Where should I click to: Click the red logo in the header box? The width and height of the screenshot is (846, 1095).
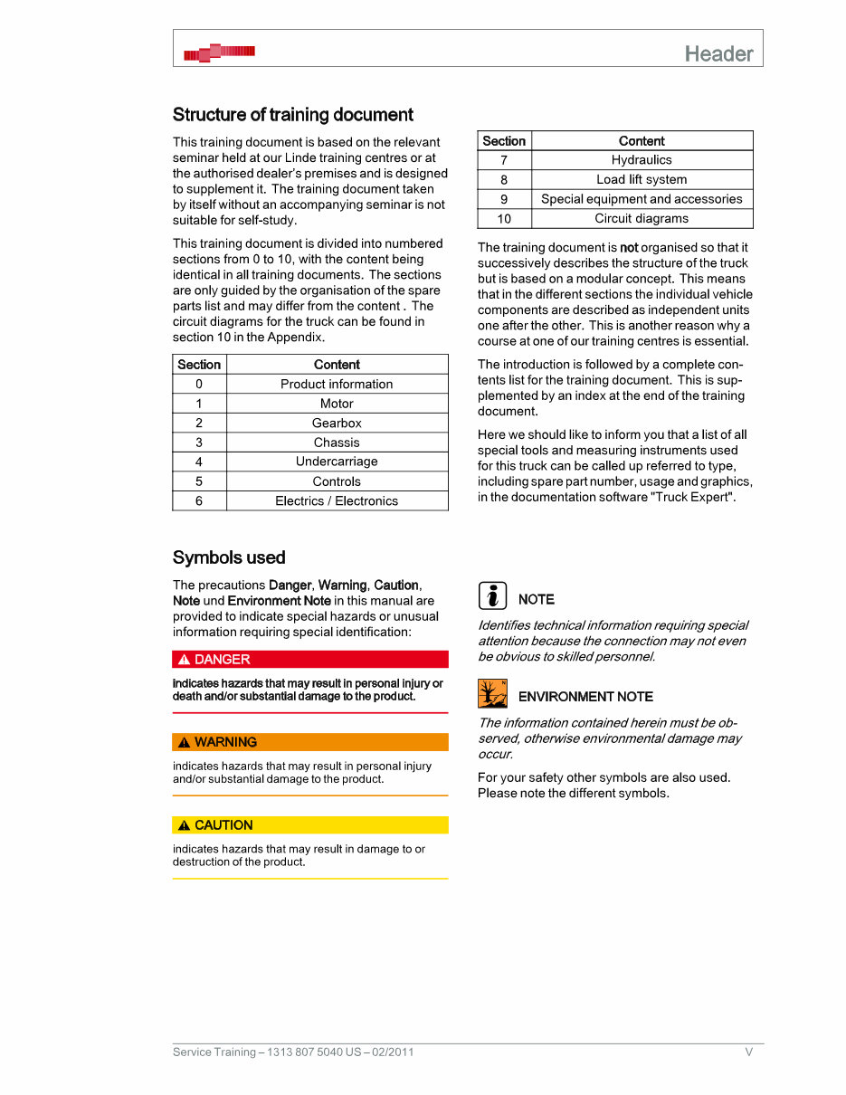pyautogui.click(x=219, y=52)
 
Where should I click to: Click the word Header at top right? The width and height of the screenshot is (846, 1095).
pyautogui.click(x=718, y=53)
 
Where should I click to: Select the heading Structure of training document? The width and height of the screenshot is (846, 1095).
pyautogui.click(x=292, y=115)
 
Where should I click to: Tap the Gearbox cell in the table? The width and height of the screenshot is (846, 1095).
pyautogui.click(x=337, y=423)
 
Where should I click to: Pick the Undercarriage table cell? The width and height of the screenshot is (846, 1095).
pyautogui.click(x=337, y=462)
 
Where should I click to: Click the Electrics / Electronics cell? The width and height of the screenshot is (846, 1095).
pyautogui.click(x=337, y=500)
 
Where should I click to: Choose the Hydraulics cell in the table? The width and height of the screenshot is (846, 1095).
pyautogui.click(x=642, y=160)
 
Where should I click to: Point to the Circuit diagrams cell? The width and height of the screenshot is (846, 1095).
pyautogui.click(x=642, y=218)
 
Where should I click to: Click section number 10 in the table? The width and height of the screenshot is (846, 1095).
pyautogui.click(x=504, y=218)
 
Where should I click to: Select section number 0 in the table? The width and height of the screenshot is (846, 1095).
pyautogui.click(x=199, y=384)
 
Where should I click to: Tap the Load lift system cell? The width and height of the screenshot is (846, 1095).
pyautogui.click(x=642, y=179)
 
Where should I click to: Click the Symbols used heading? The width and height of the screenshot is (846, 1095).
pyautogui.click(x=229, y=557)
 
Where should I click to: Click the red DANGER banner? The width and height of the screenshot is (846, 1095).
pyautogui.click(x=310, y=660)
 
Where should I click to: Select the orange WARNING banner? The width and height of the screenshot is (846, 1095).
pyautogui.click(x=310, y=742)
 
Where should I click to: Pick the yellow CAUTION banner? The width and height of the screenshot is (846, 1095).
pyautogui.click(x=310, y=825)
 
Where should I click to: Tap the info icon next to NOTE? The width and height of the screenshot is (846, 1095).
pyautogui.click(x=492, y=596)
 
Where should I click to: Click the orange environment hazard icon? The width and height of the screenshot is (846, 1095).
pyautogui.click(x=492, y=693)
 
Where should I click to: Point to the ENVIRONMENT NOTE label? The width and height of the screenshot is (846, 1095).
pyautogui.click(x=585, y=697)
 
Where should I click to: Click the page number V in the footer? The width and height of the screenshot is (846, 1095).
pyautogui.click(x=748, y=1052)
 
